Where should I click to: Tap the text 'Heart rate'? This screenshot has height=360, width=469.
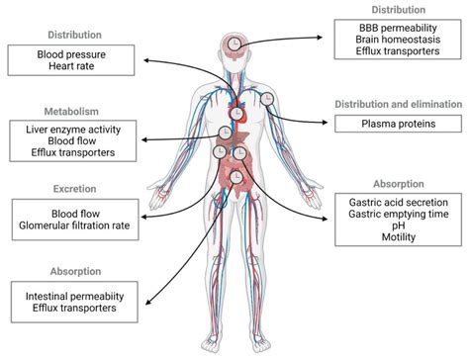67,69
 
